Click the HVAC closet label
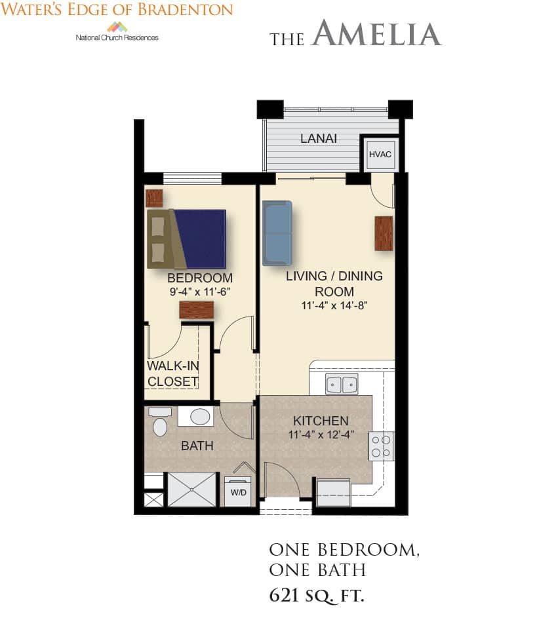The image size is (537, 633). [x=380, y=155]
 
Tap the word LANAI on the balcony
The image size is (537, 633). [x=319, y=138]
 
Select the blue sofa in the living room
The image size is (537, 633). [x=277, y=233]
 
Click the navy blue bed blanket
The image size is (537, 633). [x=201, y=239]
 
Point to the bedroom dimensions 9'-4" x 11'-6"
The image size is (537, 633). [x=200, y=292]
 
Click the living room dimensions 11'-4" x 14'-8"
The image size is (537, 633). [x=334, y=305]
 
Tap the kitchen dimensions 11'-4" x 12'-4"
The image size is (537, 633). [x=321, y=434]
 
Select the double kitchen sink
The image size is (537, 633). [x=342, y=384]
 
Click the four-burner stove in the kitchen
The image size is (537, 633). [x=381, y=446]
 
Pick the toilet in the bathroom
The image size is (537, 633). [x=160, y=422]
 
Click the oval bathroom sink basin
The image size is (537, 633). [x=200, y=417]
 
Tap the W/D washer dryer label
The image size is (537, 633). [x=239, y=493]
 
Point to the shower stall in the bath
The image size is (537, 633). [x=192, y=489]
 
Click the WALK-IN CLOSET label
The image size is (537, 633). [x=173, y=374]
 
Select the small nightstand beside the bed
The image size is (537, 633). [x=154, y=198]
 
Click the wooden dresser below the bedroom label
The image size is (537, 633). [x=196, y=310]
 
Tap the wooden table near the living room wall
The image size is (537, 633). [x=384, y=233]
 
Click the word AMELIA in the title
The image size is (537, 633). [x=377, y=33]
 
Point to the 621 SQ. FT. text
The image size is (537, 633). [x=317, y=596]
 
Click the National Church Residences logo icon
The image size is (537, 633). [x=117, y=27]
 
